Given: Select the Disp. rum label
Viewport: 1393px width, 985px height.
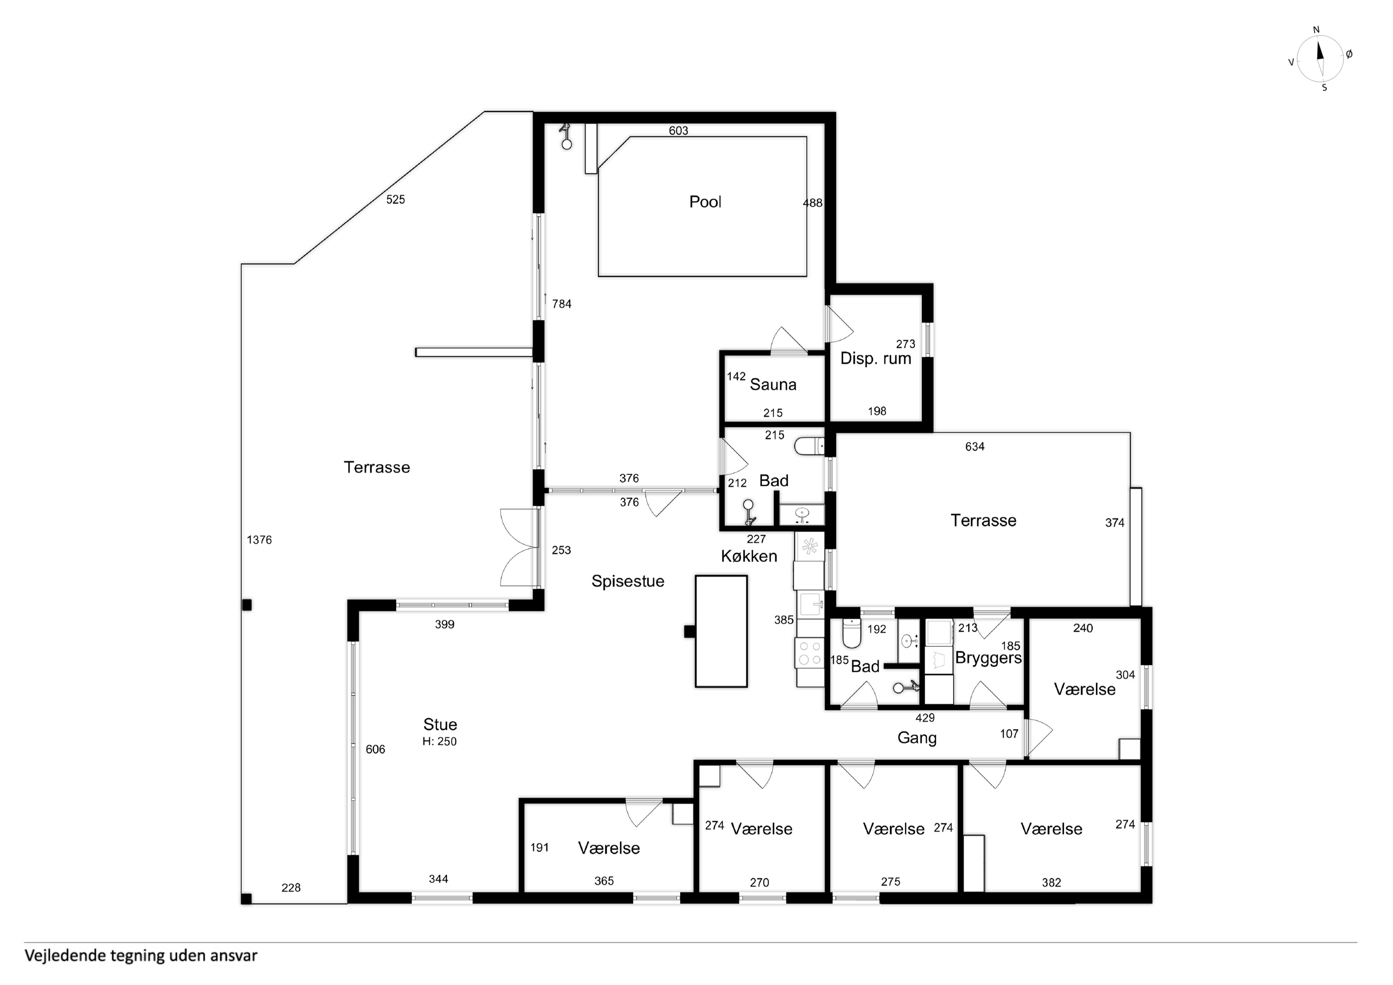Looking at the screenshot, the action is click(x=876, y=359).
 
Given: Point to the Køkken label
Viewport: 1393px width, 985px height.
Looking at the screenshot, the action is click(x=749, y=556).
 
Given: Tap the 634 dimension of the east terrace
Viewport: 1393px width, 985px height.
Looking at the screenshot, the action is click(x=975, y=447).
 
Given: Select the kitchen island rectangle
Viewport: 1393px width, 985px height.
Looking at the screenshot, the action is click(x=721, y=631).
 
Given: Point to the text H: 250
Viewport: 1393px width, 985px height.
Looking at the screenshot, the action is click(x=440, y=742).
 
